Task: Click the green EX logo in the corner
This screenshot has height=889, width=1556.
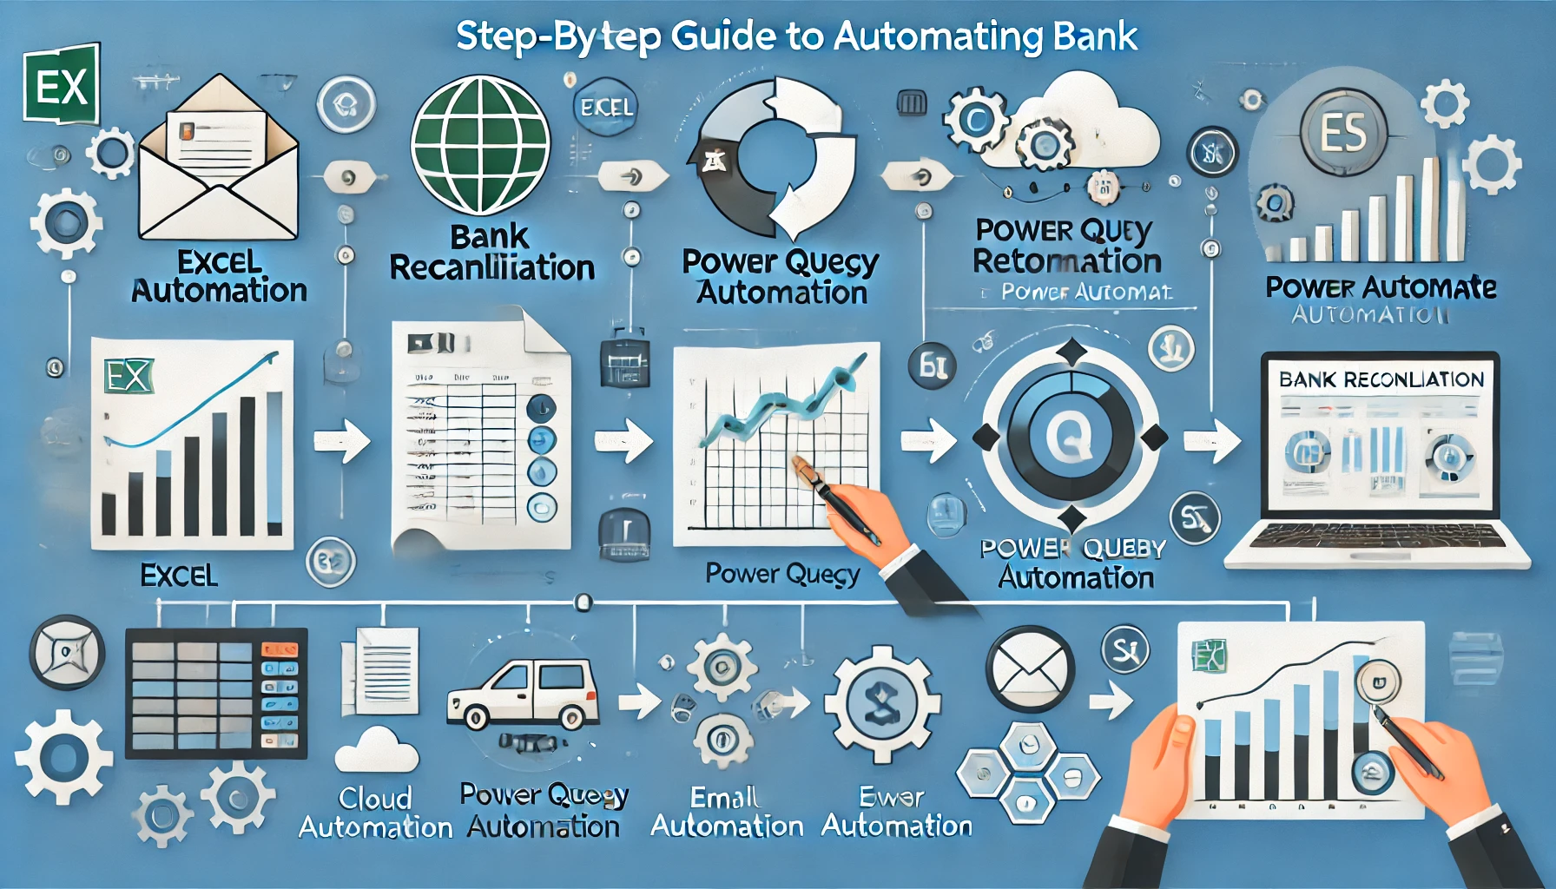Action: click(x=61, y=85)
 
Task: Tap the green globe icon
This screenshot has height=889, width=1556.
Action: click(x=479, y=145)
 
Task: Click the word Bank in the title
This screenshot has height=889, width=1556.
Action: click(x=1094, y=36)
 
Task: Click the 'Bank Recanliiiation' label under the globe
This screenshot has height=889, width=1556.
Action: click(x=491, y=253)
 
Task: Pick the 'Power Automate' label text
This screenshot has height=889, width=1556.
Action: click(x=1381, y=287)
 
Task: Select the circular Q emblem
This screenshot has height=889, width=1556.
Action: click(x=1070, y=435)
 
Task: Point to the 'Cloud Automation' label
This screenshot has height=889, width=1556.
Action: click(x=375, y=813)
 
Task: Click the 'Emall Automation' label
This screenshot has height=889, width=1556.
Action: click(x=726, y=812)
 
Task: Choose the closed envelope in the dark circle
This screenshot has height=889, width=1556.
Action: click(x=1029, y=669)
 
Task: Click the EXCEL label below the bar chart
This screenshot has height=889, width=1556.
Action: click(x=179, y=576)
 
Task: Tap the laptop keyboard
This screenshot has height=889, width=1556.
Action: click(x=1376, y=537)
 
